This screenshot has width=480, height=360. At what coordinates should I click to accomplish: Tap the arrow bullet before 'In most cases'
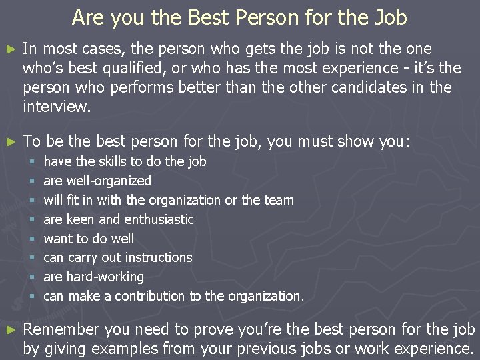(9, 49)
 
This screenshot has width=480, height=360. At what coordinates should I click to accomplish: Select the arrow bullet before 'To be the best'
(9, 142)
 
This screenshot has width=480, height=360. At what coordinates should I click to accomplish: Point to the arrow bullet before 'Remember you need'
(9, 330)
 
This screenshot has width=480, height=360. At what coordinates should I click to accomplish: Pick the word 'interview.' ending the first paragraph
(55, 107)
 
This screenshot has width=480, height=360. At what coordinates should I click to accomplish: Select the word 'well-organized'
(109, 181)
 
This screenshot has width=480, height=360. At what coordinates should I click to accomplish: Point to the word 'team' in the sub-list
(279, 200)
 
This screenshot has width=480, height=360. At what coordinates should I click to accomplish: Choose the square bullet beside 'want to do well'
(31, 239)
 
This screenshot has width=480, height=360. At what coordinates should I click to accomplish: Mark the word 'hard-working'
(105, 277)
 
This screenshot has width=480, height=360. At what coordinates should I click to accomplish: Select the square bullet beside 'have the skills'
(31, 161)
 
